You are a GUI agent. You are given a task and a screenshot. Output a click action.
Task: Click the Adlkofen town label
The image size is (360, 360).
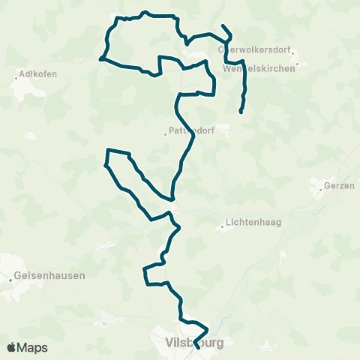click(38, 73)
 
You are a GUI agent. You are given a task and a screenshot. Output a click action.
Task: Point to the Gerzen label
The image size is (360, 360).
click(336, 186)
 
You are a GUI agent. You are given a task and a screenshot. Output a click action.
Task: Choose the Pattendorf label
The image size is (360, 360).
click(193, 130)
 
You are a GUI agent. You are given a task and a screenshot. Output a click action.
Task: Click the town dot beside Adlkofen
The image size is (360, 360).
click(16, 74)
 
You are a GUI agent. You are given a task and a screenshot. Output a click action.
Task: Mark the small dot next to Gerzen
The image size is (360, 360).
click(320, 190)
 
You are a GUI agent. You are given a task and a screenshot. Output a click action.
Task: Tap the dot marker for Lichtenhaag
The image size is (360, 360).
click(223, 227)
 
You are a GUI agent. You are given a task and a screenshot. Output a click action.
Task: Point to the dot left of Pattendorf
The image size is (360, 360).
click(165, 134)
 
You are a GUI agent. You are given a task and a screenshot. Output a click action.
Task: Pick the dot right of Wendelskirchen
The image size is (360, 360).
click(298, 64)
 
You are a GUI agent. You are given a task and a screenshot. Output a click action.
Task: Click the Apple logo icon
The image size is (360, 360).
click(12, 347)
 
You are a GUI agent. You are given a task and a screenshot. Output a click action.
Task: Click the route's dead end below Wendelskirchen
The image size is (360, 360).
click(240, 112)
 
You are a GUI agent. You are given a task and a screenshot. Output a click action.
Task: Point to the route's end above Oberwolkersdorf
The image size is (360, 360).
click(223, 26)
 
